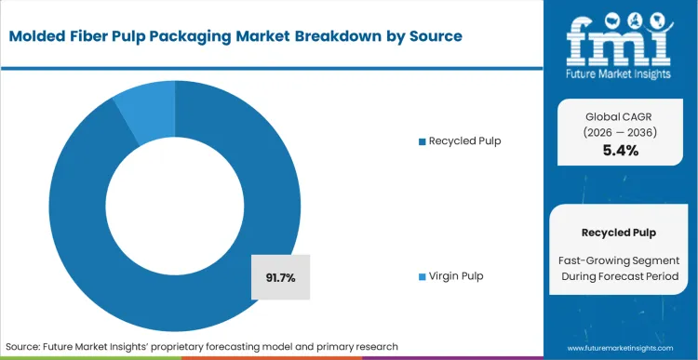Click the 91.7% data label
(x=281, y=277)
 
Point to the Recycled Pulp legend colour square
(x=422, y=140)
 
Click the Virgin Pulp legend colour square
(x=422, y=276)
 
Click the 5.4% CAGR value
(x=620, y=150)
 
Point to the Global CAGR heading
(x=620, y=116)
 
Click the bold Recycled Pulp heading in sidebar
(x=620, y=231)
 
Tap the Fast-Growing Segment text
(x=620, y=261)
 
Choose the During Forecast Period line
(x=620, y=277)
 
